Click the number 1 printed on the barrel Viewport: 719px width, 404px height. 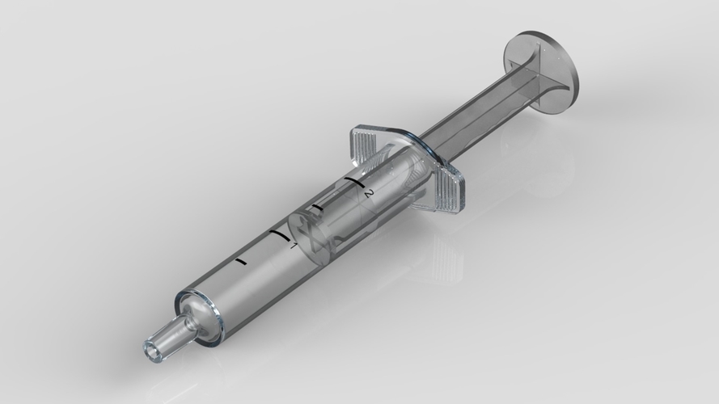[294, 245]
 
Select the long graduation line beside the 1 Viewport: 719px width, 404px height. [279, 235]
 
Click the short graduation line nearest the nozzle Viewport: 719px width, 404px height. [240, 262]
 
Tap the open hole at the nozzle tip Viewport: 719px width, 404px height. [152, 349]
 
